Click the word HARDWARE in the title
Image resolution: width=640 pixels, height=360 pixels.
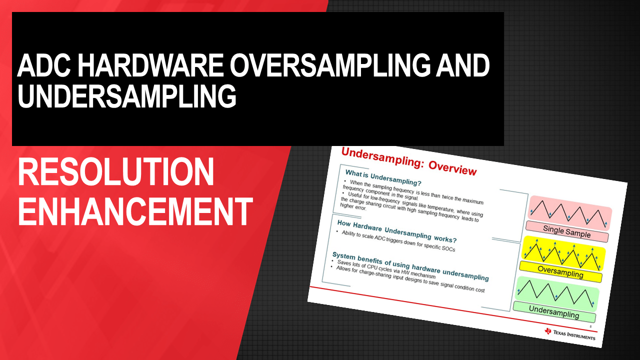click(150, 65)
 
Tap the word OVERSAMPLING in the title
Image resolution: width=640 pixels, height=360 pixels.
click(330, 65)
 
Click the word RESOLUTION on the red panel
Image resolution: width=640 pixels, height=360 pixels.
click(116, 172)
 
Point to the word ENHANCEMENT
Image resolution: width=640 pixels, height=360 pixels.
click(135, 211)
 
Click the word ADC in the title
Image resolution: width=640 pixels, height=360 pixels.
click(44, 65)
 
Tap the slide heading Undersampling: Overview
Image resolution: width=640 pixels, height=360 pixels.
click(409, 161)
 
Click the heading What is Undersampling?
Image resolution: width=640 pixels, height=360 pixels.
click(383, 177)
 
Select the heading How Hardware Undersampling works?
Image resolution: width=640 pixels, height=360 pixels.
click(397, 231)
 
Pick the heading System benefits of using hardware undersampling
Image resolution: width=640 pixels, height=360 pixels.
click(410, 266)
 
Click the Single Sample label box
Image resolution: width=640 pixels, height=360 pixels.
click(567, 231)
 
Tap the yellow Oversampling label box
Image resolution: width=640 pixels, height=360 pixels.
click(560, 271)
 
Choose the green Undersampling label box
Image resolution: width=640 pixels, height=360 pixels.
click(554, 311)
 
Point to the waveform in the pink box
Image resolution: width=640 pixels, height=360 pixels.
click(568, 213)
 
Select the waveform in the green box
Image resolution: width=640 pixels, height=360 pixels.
click(555, 293)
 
